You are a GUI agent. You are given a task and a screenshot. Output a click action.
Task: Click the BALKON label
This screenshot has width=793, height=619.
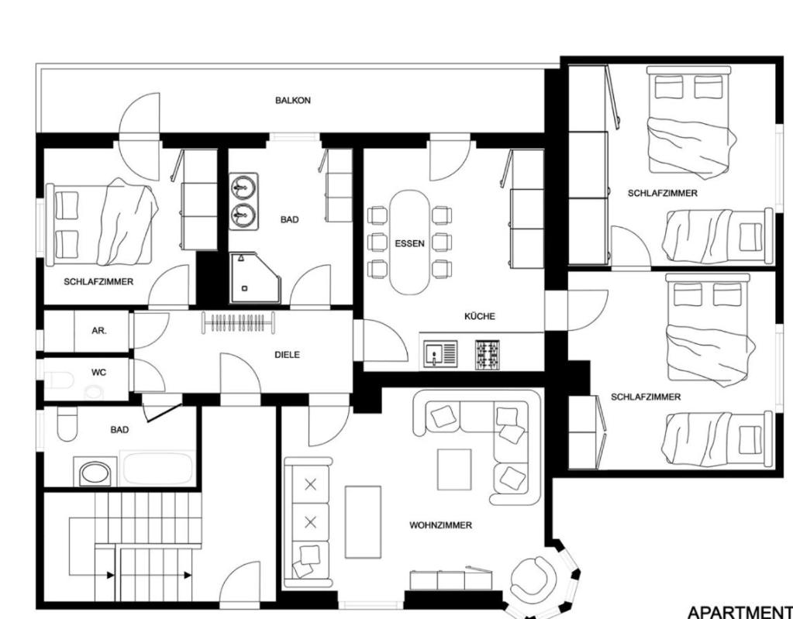pyautogui.click(x=293, y=101)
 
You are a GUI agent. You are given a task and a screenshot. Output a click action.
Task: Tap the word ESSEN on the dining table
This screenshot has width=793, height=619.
pyautogui.click(x=409, y=243)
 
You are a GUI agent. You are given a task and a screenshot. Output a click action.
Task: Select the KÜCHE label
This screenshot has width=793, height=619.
pyautogui.click(x=479, y=316)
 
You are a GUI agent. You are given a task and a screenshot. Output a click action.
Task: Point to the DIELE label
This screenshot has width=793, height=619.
pyautogui.click(x=287, y=355)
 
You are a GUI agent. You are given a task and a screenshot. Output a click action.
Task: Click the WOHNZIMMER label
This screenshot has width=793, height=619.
pyautogui.click(x=440, y=525)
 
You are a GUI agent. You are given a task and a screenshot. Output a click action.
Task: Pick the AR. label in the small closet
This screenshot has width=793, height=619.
pyautogui.click(x=99, y=332)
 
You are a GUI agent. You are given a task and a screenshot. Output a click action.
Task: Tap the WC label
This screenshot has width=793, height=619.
pyautogui.click(x=98, y=373)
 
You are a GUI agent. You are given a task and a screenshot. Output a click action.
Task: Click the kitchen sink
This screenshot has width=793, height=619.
pyautogui.click(x=440, y=354)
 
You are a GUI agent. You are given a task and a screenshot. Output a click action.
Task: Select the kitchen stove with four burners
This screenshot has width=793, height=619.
pyautogui.click(x=487, y=354)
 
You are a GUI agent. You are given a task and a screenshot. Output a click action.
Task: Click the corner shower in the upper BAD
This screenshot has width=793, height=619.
pyautogui.click(x=254, y=278)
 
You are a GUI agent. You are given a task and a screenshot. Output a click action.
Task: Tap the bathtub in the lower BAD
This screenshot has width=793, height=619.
pyautogui.click(x=158, y=469)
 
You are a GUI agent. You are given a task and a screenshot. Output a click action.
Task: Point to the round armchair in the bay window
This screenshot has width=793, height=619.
pyautogui.click(x=533, y=579)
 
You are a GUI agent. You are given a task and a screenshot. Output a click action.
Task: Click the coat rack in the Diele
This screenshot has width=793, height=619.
pyautogui.click(x=238, y=323)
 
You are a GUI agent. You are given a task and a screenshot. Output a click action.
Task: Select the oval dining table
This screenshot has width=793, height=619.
pyautogui.click(x=409, y=242)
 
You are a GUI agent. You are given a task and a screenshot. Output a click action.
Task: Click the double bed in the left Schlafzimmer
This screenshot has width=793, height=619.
pyautogui.click(x=100, y=224)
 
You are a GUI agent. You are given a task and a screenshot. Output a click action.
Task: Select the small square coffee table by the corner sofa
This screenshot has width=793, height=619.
pyautogui.click(x=454, y=469)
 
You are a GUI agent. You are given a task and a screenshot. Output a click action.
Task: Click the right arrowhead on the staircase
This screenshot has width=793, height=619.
pyautogui.click(x=188, y=575)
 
